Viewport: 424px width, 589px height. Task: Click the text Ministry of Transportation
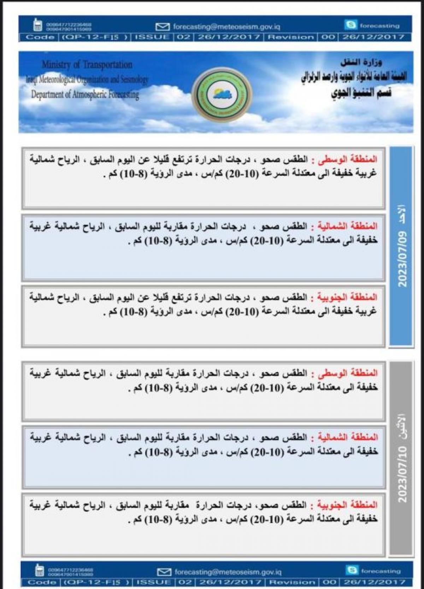tap(87, 65)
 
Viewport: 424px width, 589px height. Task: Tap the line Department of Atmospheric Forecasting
tap(85, 94)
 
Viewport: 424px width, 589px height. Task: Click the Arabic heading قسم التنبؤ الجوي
tap(361, 93)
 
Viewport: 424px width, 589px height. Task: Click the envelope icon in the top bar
tap(163, 27)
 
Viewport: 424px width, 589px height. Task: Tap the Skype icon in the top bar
tap(351, 25)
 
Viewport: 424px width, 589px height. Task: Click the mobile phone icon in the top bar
tap(37, 25)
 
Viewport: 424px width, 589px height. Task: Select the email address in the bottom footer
tap(228, 572)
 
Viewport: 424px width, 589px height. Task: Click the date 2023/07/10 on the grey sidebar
tap(402, 474)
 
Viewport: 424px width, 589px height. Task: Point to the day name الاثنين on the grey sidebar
tap(402, 428)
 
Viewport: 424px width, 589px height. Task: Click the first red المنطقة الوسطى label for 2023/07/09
tap(348, 159)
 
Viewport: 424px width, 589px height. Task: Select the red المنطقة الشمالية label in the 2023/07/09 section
tap(347, 226)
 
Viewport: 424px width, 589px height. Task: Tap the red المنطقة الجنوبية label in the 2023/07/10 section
tap(347, 505)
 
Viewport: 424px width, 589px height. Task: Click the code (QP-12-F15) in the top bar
tap(95, 37)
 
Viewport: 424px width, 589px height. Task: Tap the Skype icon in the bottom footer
tap(352, 570)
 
